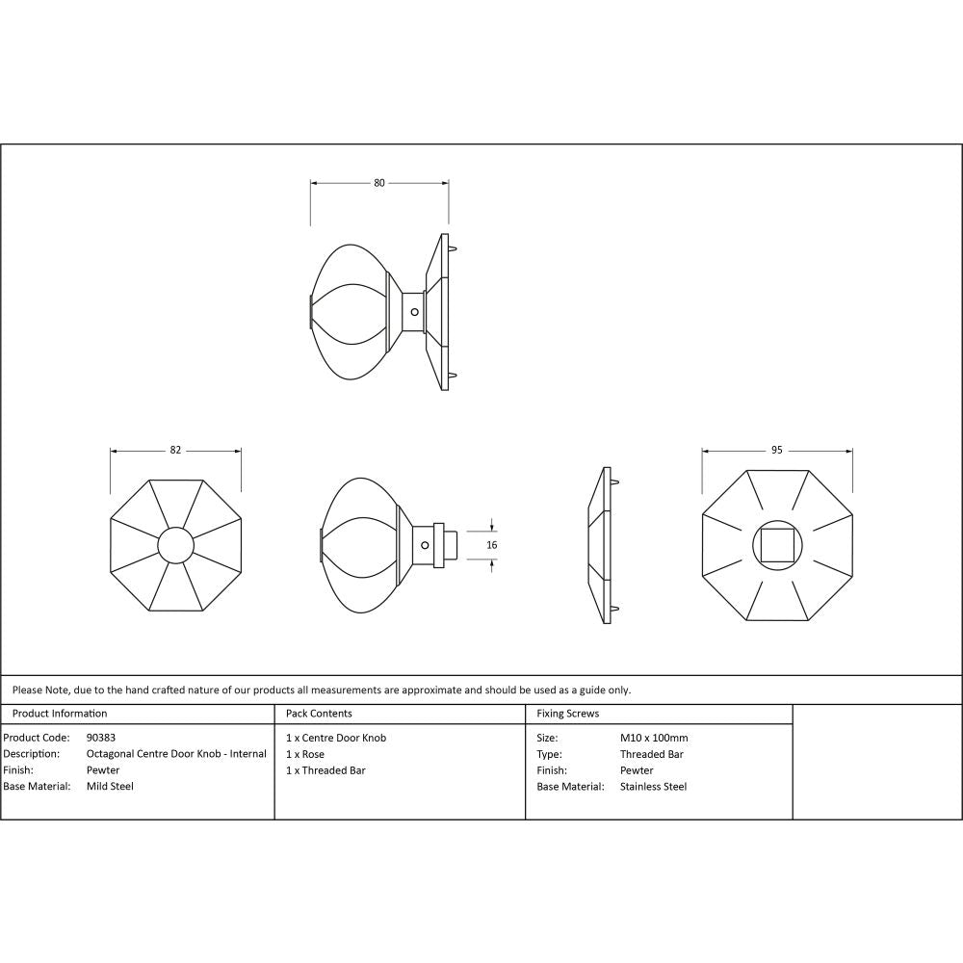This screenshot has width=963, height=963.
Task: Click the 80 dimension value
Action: point(379,182)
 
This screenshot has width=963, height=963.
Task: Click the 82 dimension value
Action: point(175,450)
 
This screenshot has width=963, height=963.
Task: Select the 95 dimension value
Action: point(777,450)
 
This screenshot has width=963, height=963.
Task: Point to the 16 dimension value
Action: point(492,545)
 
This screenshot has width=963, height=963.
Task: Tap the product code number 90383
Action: point(101,738)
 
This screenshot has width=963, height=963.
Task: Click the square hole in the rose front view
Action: point(776,546)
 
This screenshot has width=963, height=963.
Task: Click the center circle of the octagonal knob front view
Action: point(175,546)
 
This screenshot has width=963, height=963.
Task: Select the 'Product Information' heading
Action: point(60,714)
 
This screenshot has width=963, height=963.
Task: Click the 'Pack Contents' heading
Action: point(319,714)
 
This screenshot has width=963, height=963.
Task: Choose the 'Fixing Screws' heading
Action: point(567,714)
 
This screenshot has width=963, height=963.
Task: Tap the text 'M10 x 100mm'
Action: point(654,738)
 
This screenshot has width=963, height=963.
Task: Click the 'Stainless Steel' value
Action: point(653,787)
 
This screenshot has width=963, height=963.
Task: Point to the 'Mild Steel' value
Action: point(110,787)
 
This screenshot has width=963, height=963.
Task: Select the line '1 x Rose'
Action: point(305,754)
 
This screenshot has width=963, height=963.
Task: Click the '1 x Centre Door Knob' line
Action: point(336,738)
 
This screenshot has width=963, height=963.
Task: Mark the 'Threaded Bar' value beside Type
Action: point(651,754)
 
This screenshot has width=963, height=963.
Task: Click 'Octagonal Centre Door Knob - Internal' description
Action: point(176,754)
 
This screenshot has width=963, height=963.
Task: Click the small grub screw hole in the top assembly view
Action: point(414,312)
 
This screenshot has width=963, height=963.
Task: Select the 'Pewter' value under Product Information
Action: point(103,770)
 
